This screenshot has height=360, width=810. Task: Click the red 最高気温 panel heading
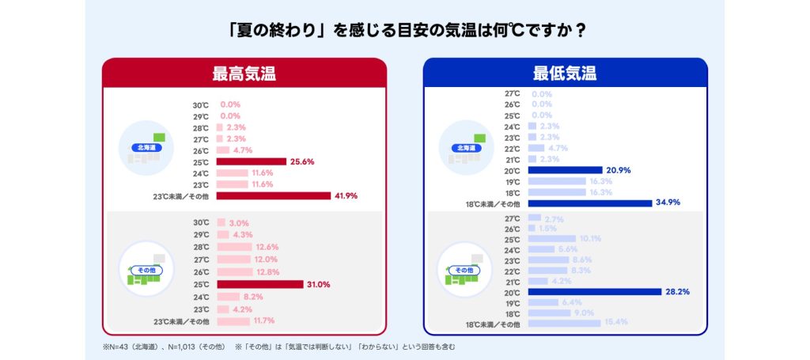[x=244, y=74]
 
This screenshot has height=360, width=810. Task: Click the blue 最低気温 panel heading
[x=565, y=74]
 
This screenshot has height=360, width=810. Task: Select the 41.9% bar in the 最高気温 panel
[x=273, y=195]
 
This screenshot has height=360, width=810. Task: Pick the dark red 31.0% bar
[x=259, y=284]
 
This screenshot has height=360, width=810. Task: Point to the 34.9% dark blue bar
[x=589, y=203]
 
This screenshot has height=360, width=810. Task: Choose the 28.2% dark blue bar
[x=594, y=292]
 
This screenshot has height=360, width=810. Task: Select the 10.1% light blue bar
[x=551, y=238]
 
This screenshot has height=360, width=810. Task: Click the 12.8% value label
[x=267, y=272]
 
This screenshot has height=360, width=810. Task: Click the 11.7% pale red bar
[x=232, y=321]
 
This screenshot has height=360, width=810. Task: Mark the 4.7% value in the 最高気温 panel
[x=244, y=150]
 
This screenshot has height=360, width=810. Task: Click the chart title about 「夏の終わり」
[x=404, y=31]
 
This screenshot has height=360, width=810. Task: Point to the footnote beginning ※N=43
[x=278, y=347]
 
